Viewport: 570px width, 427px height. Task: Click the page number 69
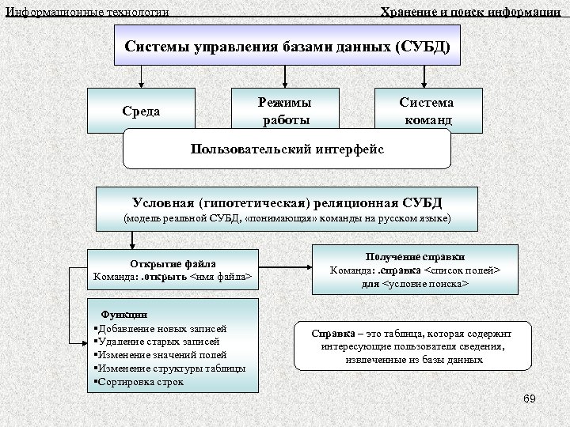pyautogui.click(x=530, y=399)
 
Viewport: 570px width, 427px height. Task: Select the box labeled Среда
pyautogui.click(x=141, y=110)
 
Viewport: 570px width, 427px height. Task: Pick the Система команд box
pyautogui.click(x=426, y=111)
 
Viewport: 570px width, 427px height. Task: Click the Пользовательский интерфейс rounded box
pyautogui.click(x=287, y=149)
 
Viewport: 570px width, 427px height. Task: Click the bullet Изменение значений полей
pyautogui.click(x=161, y=355)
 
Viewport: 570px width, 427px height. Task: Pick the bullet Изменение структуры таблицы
pyautogui.click(x=170, y=368)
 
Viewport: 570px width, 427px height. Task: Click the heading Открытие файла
pyautogui.click(x=173, y=263)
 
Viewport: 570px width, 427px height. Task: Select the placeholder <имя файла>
pyautogui.click(x=222, y=277)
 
